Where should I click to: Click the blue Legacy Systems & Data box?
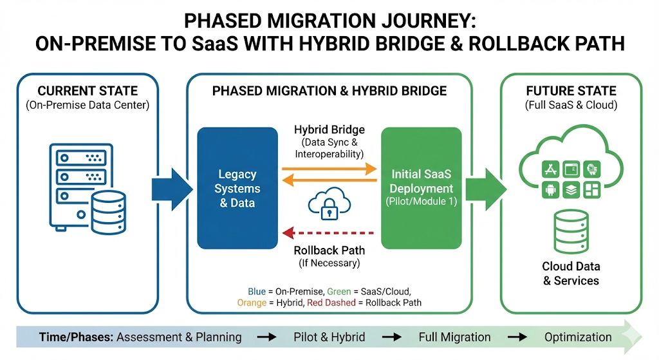pos(237,188)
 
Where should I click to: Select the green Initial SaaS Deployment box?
pos(422,188)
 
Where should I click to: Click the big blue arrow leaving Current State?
pos(172,189)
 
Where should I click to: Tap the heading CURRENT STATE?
pos(88,91)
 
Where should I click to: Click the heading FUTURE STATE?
pos(571,91)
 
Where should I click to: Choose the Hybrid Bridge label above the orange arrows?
pos(329,130)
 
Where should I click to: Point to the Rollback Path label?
pos(329,251)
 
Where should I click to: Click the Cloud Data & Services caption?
pos(570,273)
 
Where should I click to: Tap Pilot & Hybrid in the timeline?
pos(329,337)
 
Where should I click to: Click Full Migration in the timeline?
pos(454,337)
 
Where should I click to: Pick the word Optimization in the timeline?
pos(578,337)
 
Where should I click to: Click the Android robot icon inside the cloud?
pos(550,190)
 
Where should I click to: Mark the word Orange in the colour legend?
pos(251,303)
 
